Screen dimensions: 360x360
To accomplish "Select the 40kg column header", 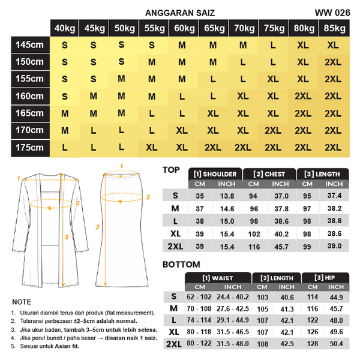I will click(x=65, y=28).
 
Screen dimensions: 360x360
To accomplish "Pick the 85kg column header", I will click(x=333, y=28).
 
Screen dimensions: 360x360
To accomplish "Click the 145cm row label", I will click(x=29, y=44).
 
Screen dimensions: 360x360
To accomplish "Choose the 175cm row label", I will click(x=29, y=148).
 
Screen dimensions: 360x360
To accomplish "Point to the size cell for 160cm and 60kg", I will click(x=182, y=96).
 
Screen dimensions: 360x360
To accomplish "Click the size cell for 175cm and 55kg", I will click(x=152, y=148).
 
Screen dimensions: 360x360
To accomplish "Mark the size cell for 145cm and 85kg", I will click(x=333, y=44).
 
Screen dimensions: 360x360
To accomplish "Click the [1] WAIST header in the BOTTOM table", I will click(x=217, y=278).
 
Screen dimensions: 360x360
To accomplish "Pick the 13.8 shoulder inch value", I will click(x=227, y=196).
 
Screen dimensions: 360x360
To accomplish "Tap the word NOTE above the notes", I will click(x=21, y=302).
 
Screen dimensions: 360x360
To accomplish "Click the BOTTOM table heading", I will click(x=181, y=264).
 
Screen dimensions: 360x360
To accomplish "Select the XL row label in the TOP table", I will click(x=175, y=233).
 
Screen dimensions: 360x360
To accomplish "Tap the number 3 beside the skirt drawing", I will click(x=148, y=196).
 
